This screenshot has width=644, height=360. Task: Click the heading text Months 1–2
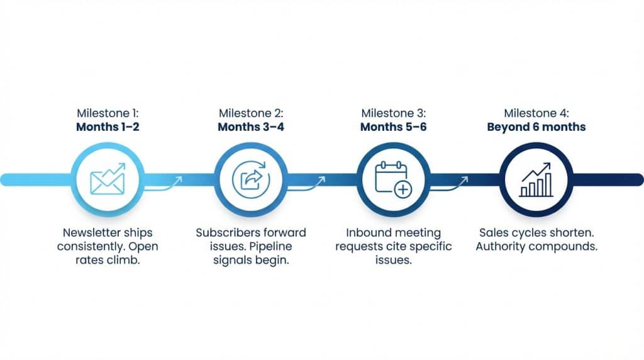coord(108,127)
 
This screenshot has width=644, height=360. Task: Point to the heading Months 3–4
coord(251,127)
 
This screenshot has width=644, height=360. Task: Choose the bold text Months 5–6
coord(393,127)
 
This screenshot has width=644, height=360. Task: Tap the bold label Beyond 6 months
coord(536,127)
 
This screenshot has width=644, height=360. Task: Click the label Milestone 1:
coord(108,113)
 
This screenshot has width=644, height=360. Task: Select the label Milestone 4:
coord(536,113)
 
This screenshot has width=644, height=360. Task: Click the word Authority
coord(503,246)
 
